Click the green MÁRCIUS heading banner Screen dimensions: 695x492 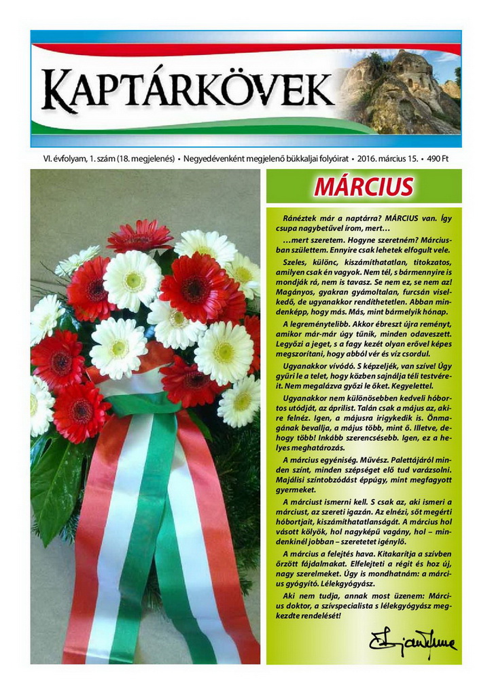click(x=364, y=187)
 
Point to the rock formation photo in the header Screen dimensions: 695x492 click(x=401, y=92)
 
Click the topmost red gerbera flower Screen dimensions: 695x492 click(x=140, y=237)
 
